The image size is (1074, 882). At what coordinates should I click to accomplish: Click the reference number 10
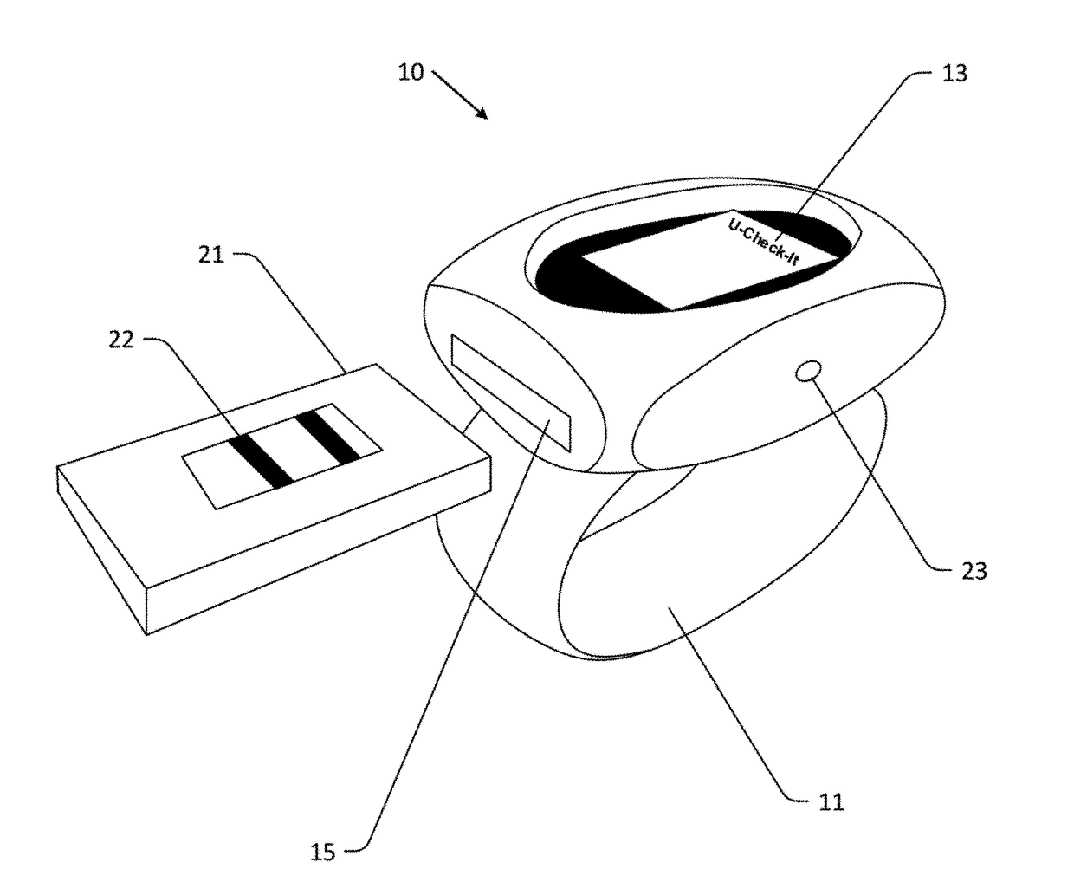coord(411,72)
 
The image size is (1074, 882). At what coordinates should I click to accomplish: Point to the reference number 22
coord(121,340)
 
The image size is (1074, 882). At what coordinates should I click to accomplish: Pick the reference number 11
coord(831,802)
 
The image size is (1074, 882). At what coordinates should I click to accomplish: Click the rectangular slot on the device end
coord(511,393)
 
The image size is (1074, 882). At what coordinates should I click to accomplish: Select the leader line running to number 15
coord(433,650)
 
